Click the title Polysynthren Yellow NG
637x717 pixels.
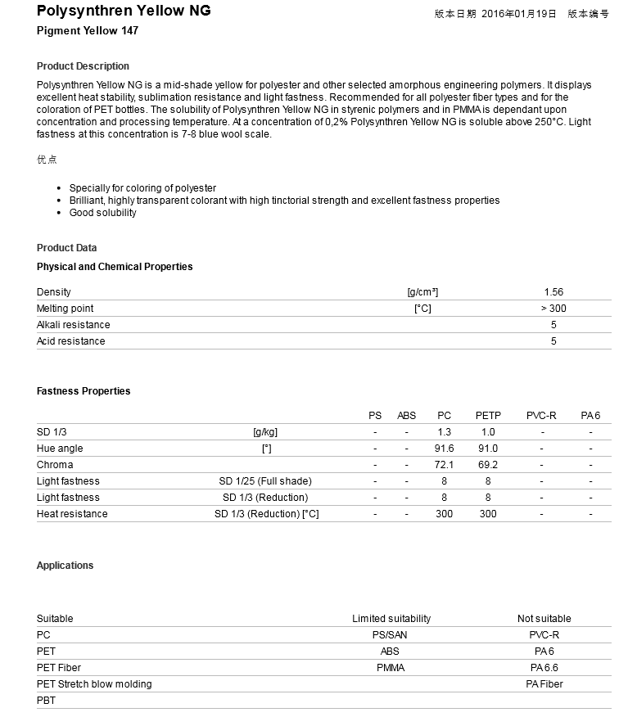pyautogui.click(x=124, y=11)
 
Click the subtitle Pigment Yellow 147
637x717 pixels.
pyautogui.click(x=88, y=30)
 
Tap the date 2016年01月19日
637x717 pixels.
pyautogui.click(x=518, y=14)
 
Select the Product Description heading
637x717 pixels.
pyautogui.click(x=83, y=66)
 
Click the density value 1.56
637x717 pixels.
pyautogui.click(x=553, y=292)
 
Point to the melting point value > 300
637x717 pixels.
pyautogui.click(x=553, y=309)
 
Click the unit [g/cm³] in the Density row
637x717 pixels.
pyautogui.click(x=422, y=292)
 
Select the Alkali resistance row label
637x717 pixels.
pyautogui.click(x=73, y=325)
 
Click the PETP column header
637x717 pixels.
pyautogui.click(x=488, y=416)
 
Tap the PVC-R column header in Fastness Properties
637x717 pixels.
pyautogui.click(x=541, y=416)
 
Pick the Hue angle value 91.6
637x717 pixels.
pyautogui.click(x=444, y=449)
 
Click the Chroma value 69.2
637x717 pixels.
pyautogui.click(x=488, y=465)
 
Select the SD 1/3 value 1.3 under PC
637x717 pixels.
pyautogui.click(x=444, y=432)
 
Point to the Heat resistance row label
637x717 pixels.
pyautogui.click(x=72, y=514)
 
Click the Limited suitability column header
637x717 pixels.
pyautogui.click(x=391, y=619)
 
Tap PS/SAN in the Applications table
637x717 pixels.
pyautogui.click(x=391, y=635)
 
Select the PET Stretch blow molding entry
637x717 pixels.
pyautogui.click(x=94, y=684)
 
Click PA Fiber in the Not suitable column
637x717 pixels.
pyautogui.click(x=544, y=684)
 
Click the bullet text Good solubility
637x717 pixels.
pyautogui.click(x=103, y=213)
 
